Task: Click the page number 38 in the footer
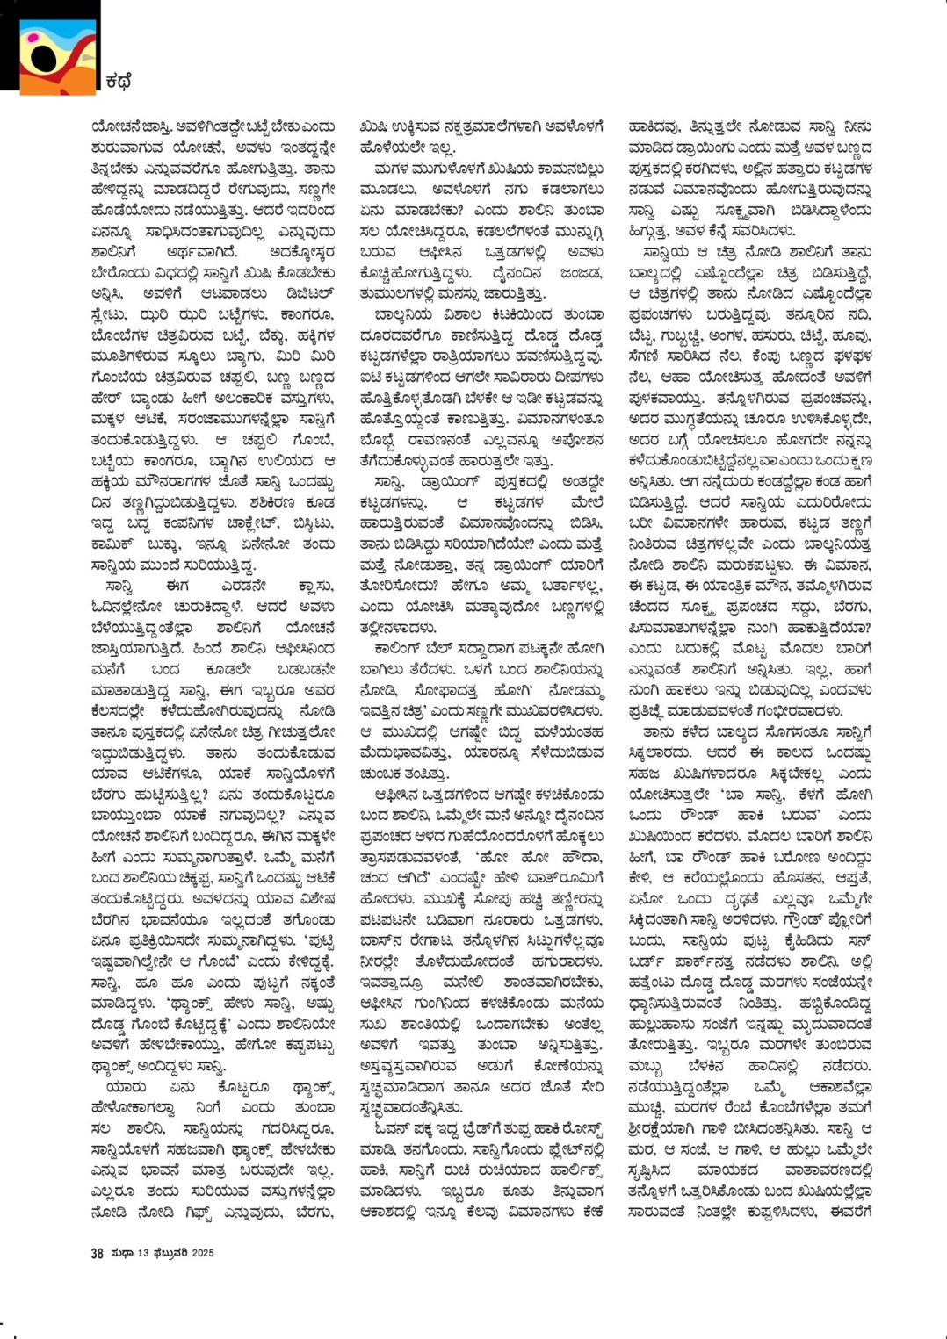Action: pos(97,1253)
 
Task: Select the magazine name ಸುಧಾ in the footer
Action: pos(120,1253)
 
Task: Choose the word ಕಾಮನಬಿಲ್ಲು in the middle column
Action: pos(562,169)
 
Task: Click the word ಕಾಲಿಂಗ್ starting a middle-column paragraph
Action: pos(398,648)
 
